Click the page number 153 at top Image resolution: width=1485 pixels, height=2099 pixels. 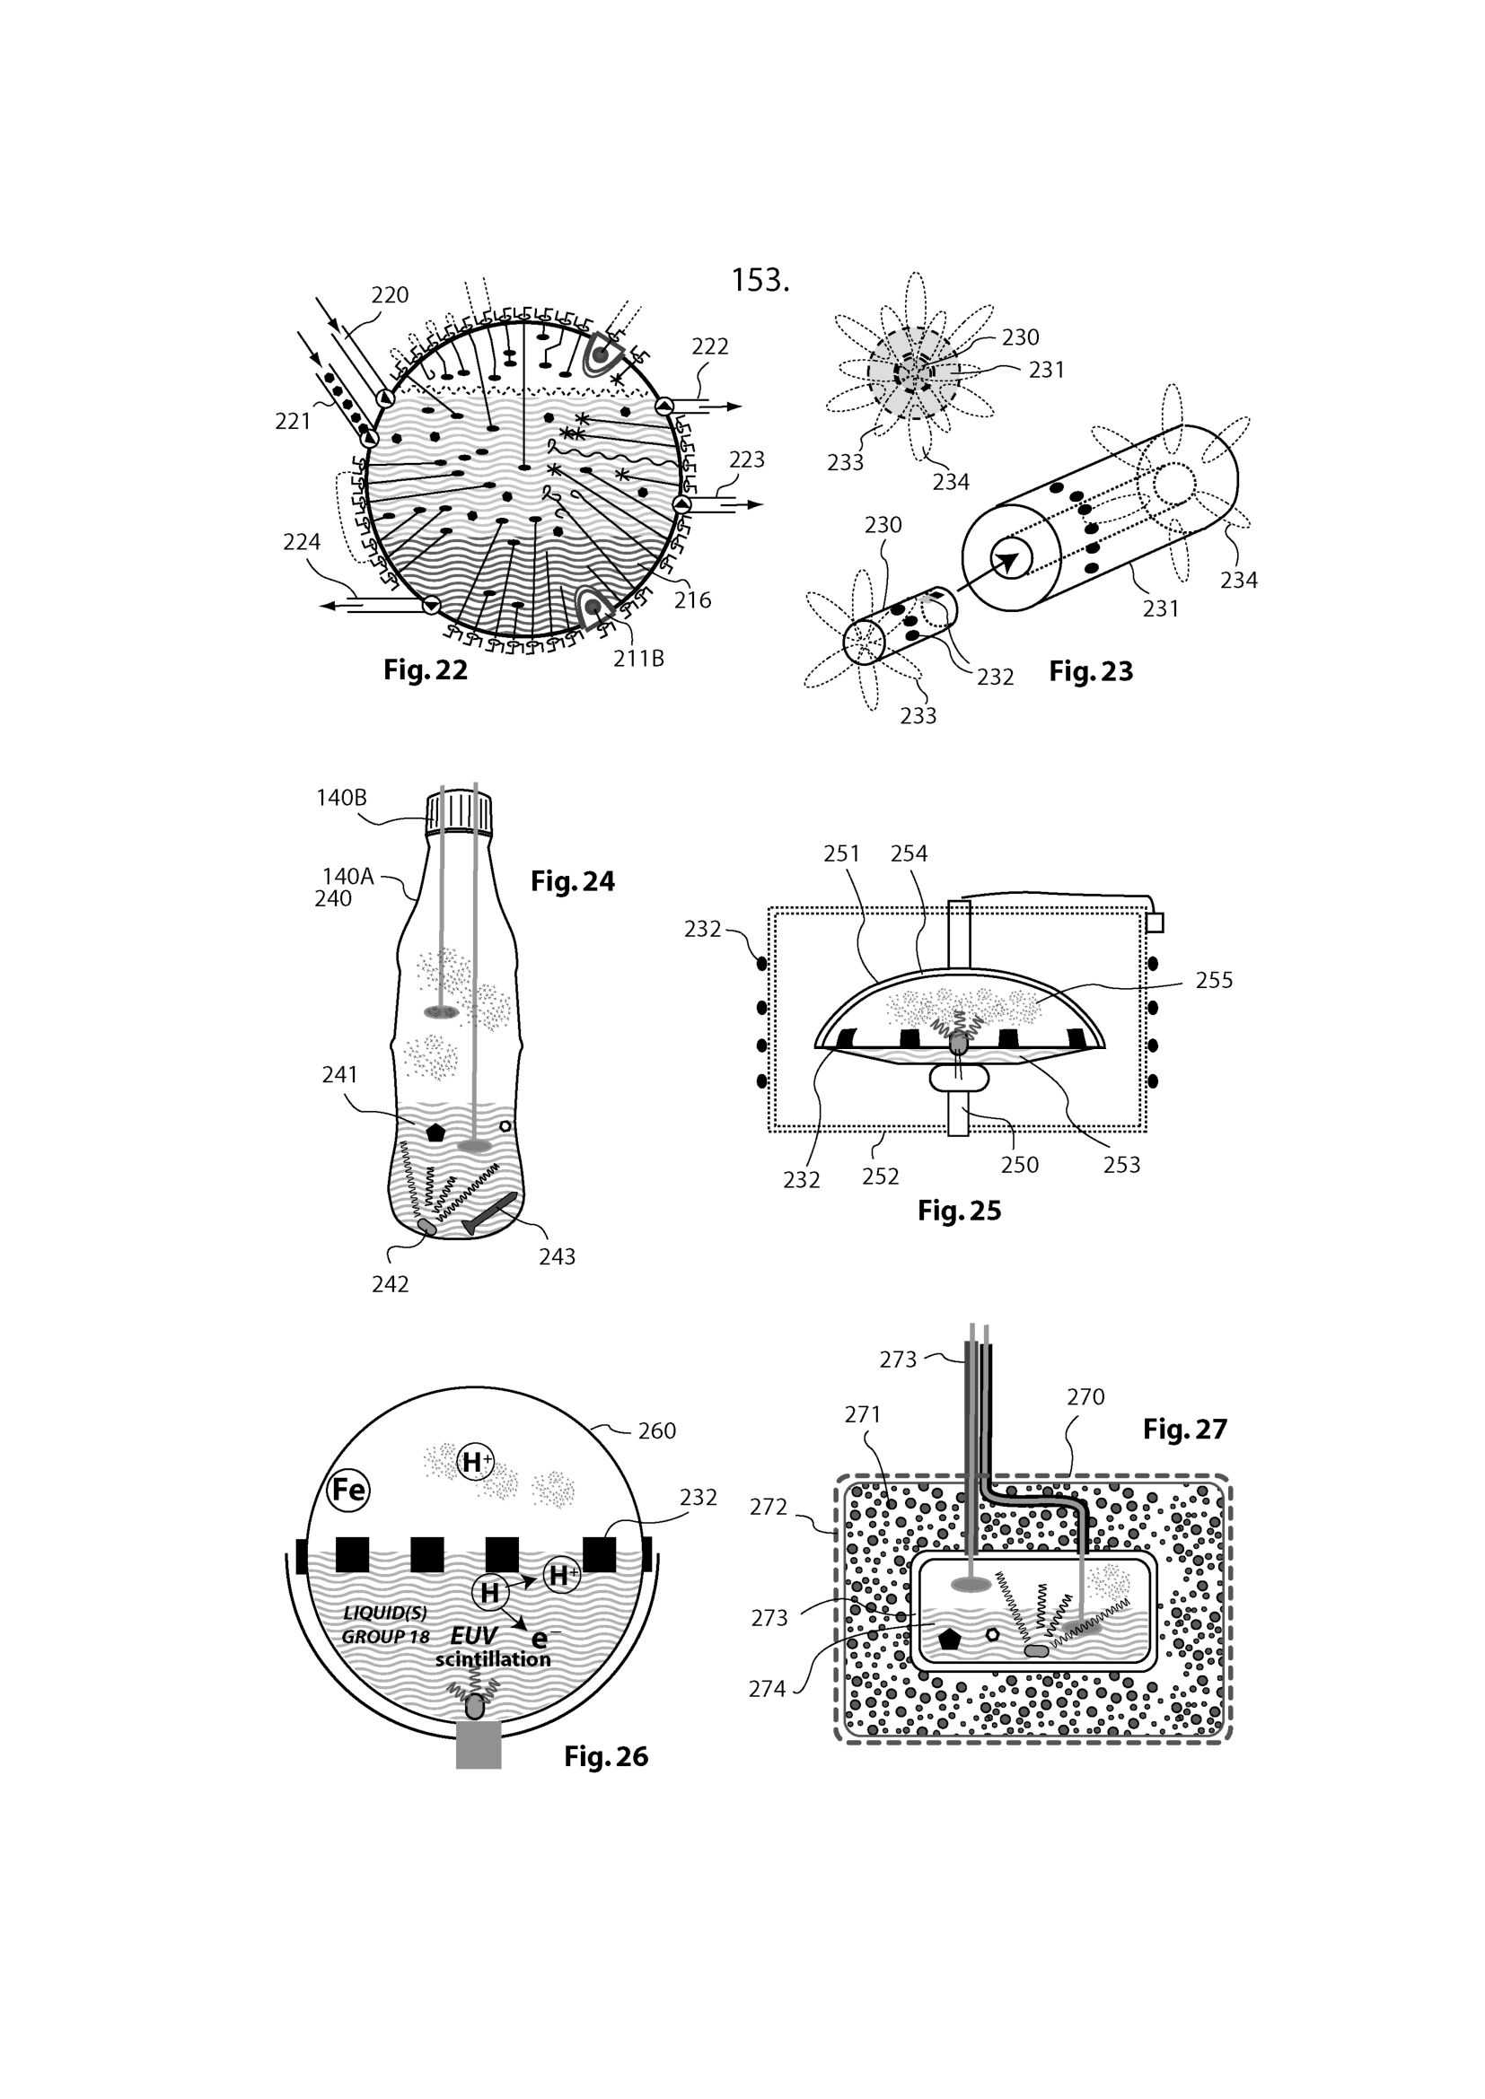[x=760, y=280]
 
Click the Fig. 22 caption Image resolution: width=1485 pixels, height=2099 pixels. [x=426, y=670]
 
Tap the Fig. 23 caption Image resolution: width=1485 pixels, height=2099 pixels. [x=1091, y=671]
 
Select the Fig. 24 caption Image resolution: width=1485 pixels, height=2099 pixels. [x=573, y=881]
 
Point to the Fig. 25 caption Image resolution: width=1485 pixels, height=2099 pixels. [x=959, y=1211]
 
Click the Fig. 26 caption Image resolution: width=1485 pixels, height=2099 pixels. [x=605, y=1756]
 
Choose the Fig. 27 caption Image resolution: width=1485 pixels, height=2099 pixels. [x=1184, y=1428]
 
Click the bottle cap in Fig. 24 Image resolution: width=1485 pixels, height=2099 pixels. [x=459, y=813]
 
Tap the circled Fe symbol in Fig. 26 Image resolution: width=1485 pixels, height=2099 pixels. [x=348, y=1491]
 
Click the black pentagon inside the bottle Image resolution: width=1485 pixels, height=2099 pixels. [x=435, y=1132]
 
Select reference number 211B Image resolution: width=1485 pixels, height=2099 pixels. [x=638, y=658]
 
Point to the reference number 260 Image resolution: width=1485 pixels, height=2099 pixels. [x=656, y=1430]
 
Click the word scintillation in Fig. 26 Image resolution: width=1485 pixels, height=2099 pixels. [x=493, y=1659]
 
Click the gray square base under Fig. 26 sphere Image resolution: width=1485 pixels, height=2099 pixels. [x=479, y=1745]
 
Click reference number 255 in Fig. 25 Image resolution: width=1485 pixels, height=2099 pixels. [x=1215, y=980]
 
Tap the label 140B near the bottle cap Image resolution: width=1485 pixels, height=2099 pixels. [x=341, y=798]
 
